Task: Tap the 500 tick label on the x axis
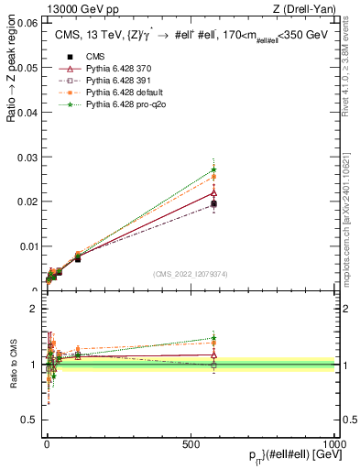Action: coord(191,443)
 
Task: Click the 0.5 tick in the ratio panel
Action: coord(32,421)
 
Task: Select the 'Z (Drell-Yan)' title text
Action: coord(308,9)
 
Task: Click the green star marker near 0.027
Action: coord(213,169)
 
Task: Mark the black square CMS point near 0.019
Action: coord(213,204)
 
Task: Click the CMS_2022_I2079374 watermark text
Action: coord(190,275)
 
